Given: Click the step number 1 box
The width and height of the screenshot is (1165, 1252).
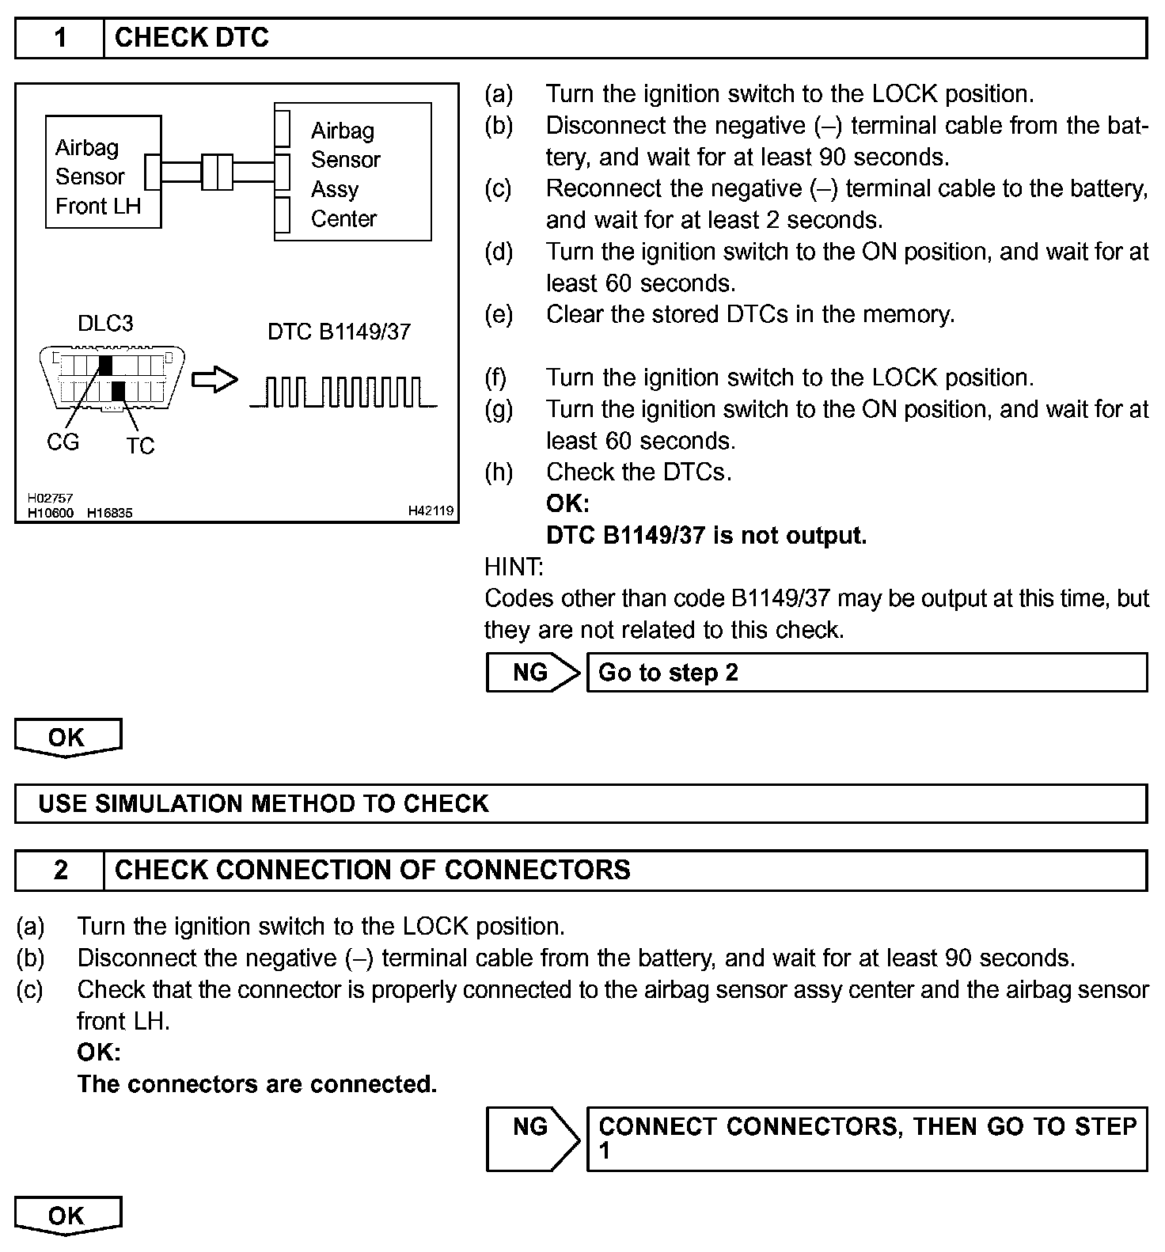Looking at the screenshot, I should [x=60, y=38].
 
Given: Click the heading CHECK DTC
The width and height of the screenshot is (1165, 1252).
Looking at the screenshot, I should [x=192, y=38].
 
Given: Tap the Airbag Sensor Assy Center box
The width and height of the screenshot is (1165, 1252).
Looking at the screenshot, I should [x=353, y=172].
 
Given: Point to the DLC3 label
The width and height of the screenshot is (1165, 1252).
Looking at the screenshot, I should [x=105, y=323].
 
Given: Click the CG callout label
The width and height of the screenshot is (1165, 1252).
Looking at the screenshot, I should [x=63, y=442].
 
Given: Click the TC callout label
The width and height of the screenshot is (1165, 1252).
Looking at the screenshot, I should [x=140, y=446].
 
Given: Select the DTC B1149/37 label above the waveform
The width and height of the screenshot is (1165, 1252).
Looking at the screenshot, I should [x=339, y=332].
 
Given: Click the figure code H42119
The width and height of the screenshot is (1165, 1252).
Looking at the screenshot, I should [x=431, y=511].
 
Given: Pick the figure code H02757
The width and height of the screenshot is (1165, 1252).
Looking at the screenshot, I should [x=50, y=498].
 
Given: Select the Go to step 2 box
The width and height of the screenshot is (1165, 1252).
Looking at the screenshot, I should [x=866, y=673].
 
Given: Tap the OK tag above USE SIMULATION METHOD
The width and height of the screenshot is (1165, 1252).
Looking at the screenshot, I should [x=67, y=737].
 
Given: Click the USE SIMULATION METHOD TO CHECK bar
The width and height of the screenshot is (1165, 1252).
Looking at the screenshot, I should [x=581, y=803].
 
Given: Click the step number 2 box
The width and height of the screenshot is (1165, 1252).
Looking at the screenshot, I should [x=60, y=870].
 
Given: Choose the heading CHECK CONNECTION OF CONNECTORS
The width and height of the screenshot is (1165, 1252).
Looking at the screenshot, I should [x=373, y=870].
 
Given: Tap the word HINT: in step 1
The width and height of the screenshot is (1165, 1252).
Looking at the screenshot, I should [x=514, y=567].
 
